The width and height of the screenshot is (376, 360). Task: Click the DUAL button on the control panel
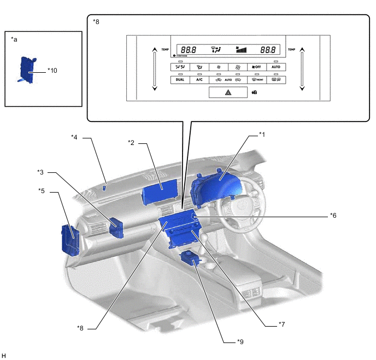tap(180, 79)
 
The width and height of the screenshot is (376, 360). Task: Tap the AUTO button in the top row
tap(275, 67)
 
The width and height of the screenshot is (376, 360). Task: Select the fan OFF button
tap(256, 67)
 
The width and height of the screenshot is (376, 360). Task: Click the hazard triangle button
tap(228, 94)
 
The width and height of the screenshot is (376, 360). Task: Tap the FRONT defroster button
tap(256, 79)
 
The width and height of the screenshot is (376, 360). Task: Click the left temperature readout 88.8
tap(187, 49)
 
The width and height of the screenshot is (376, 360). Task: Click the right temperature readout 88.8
tap(268, 49)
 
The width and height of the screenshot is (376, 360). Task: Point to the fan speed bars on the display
tap(240, 49)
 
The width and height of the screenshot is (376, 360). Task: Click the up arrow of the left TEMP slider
tap(155, 50)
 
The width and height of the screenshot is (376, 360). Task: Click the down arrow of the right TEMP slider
tap(302, 87)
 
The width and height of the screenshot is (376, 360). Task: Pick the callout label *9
tap(240, 342)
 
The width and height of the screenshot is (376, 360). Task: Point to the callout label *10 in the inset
tap(52, 70)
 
